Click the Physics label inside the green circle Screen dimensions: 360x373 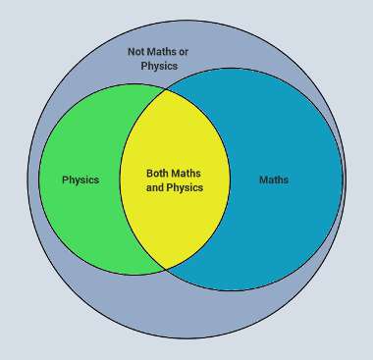(x=80, y=180)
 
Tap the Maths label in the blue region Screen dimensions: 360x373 (x=274, y=180)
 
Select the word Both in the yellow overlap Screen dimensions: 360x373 (x=159, y=173)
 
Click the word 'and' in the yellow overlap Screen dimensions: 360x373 (x=155, y=186)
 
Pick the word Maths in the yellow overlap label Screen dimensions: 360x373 (x=188, y=173)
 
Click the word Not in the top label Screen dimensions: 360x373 (x=136, y=51)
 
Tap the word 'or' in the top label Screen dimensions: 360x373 (x=184, y=51)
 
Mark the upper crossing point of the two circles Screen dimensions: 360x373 (x=165, y=90)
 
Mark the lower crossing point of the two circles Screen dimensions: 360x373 (x=166, y=268)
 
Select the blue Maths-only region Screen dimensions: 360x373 (x=285, y=226)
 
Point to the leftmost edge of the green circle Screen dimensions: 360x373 (x=40, y=180)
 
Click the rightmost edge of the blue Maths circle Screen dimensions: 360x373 (x=344, y=180)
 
